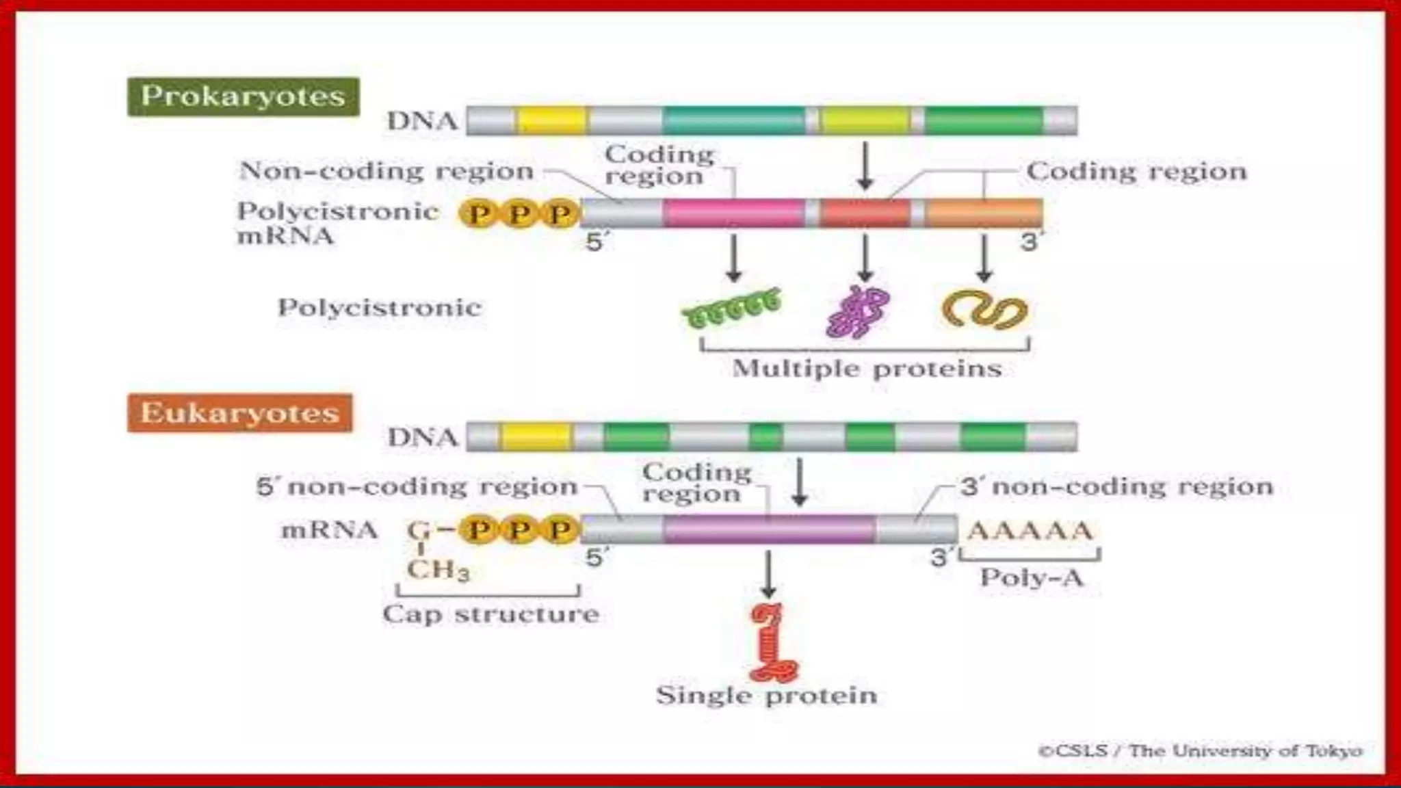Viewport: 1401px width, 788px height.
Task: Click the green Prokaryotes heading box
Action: click(243, 96)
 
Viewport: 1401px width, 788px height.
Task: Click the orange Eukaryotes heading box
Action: click(239, 413)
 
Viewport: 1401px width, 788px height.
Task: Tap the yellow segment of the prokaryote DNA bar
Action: click(552, 120)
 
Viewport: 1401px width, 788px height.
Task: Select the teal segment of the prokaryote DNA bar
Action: click(733, 120)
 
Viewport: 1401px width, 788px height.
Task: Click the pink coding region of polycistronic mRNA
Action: click(733, 213)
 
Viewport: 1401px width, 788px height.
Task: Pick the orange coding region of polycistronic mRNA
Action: click(984, 213)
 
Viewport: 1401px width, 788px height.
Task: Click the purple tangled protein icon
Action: click(858, 312)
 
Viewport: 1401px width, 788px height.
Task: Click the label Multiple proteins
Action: click(867, 369)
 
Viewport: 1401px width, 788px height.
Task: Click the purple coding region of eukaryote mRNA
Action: click(769, 529)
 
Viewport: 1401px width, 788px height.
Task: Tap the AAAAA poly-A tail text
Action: click(1030, 531)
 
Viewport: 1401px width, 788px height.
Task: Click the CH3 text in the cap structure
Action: click(438, 569)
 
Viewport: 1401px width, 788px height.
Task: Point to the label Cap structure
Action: click(490, 614)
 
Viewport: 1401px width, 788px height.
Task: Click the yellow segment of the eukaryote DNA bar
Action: click(536, 437)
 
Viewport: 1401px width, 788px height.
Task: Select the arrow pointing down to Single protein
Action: click(768, 573)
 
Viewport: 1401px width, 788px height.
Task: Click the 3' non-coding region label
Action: click(1116, 487)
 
